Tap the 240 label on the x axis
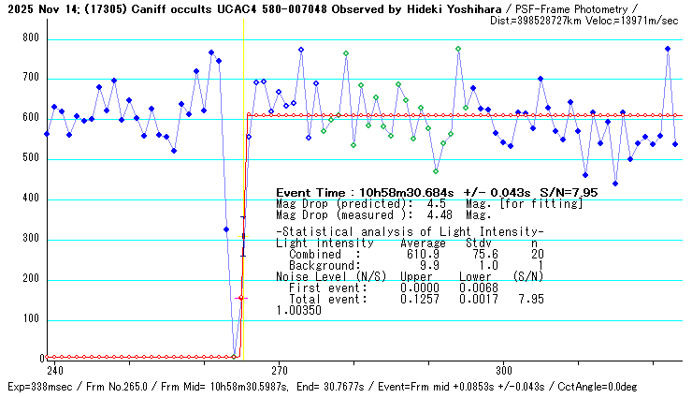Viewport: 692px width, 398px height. (x=55, y=369)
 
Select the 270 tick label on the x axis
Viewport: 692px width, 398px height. (x=280, y=369)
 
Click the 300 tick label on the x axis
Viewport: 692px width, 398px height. (x=504, y=369)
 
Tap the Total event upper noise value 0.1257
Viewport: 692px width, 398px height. (x=416, y=300)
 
